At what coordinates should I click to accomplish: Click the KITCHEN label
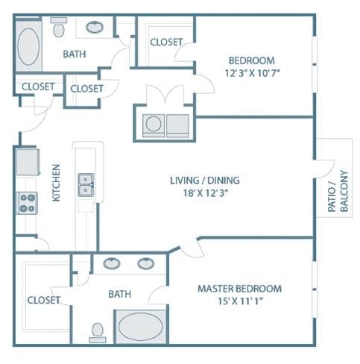tap(56, 183)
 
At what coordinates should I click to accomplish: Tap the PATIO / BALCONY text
tap(338, 191)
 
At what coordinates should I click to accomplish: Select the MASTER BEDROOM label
tap(240, 289)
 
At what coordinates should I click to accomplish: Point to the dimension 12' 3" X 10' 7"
tap(253, 73)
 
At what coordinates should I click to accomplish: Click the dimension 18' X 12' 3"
tap(206, 192)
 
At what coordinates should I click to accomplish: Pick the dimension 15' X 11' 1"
tap(240, 301)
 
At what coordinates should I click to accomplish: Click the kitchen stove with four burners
tap(27, 203)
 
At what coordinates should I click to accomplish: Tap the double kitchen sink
tap(86, 185)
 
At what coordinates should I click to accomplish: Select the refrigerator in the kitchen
tap(28, 162)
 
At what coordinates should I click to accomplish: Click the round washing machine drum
tap(154, 124)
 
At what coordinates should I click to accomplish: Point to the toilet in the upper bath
tap(59, 27)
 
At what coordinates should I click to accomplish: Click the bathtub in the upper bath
tap(28, 47)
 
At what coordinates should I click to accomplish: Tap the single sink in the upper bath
tap(95, 27)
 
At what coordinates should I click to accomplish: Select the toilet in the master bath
tap(98, 333)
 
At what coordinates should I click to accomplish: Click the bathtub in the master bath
tap(141, 327)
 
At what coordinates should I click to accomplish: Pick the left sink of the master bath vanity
tap(112, 263)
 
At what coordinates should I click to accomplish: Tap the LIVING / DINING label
tap(205, 181)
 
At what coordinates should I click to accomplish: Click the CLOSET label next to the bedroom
tap(166, 42)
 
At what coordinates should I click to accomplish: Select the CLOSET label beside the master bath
tap(44, 300)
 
